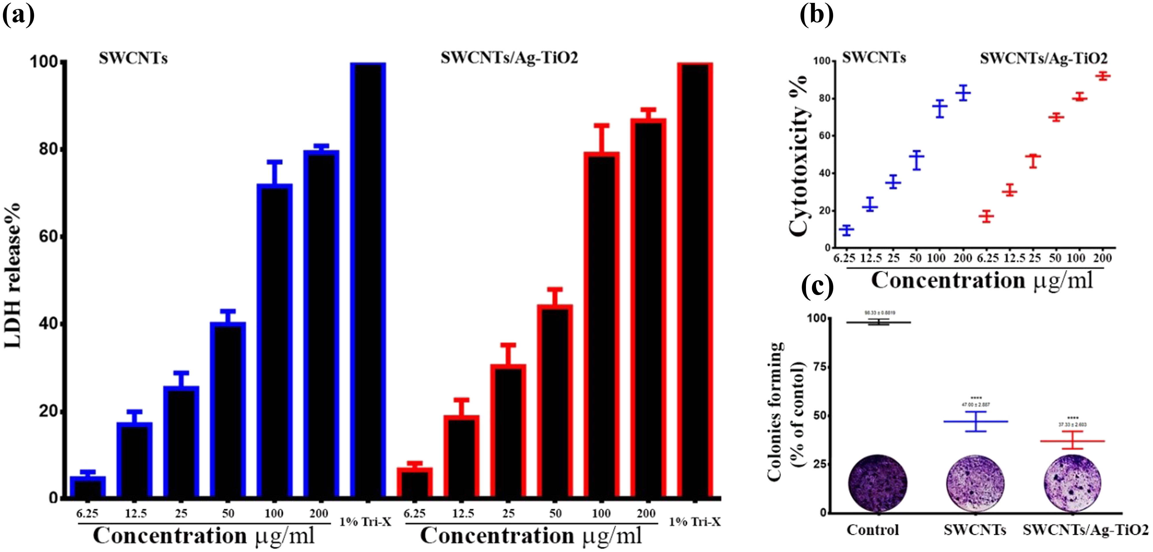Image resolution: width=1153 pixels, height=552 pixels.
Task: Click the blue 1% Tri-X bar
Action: (368, 280)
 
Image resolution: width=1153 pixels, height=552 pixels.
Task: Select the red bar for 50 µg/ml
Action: (555, 401)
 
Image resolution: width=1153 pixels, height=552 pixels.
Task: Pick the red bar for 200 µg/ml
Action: (648, 308)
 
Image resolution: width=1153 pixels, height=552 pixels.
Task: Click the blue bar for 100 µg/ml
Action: (274, 340)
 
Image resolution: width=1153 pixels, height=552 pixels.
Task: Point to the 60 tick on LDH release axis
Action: (48, 236)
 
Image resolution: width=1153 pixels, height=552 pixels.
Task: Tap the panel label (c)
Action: (817, 286)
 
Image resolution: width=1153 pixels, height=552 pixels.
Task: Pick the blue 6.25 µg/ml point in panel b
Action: (846, 230)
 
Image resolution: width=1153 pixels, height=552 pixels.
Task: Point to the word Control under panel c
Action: (872, 530)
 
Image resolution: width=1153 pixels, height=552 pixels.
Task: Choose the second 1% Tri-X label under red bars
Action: (695, 522)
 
